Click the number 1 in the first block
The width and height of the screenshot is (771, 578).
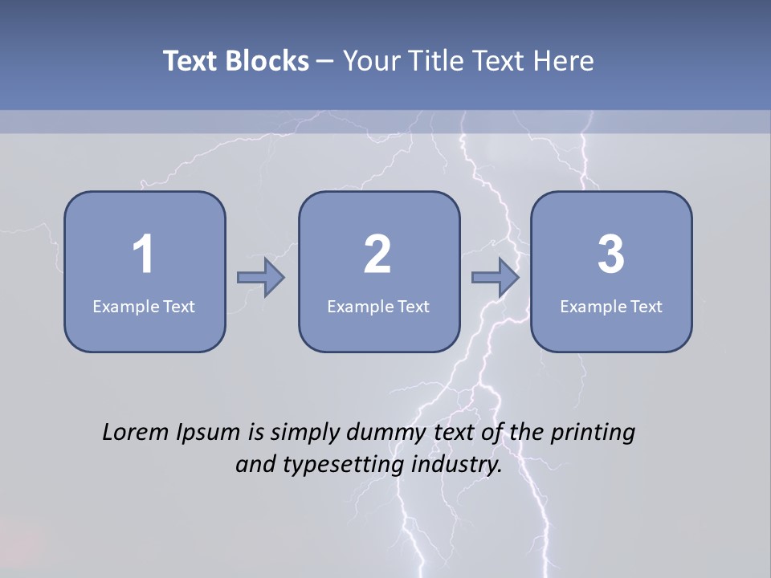[x=143, y=254]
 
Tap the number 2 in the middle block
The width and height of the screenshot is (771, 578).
[x=377, y=254]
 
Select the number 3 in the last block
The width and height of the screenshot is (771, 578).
[x=611, y=254]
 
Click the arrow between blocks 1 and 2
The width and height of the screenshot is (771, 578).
[x=261, y=278]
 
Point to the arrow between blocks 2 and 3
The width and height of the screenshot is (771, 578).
[x=496, y=278]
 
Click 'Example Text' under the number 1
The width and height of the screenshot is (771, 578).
[x=144, y=306]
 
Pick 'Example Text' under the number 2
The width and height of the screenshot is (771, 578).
[x=378, y=306]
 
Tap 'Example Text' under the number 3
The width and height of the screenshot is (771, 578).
[x=611, y=306]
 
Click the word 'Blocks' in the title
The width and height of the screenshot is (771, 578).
[x=267, y=61]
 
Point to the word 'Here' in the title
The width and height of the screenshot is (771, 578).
[x=565, y=61]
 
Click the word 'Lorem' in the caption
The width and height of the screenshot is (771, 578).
[x=136, y=432]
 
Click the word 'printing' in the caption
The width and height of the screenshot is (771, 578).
[x=593, y=433]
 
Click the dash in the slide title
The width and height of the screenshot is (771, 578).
[x=325, y=62]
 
